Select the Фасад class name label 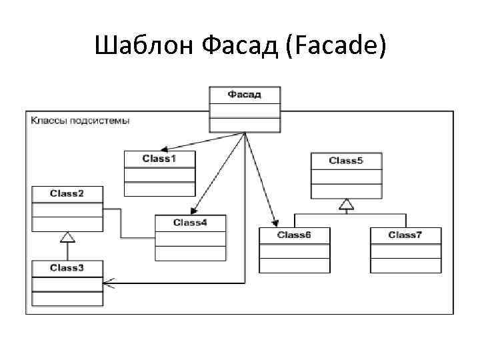click(x=245, y=94)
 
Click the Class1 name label click(x=159, y=159)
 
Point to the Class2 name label click(x=67, y=193)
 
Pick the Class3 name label click(x=67, y=268)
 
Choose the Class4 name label click(x=190, y=222)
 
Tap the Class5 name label click(x=346, y=161)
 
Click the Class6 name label click(x=294, y=235)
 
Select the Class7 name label click(x=405, y=235)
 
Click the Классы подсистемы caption click(x=80, y=121)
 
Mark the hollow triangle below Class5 click(x=346, y=204)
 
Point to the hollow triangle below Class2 click(x=67, y=236)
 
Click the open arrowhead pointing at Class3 click(x=109, y=283)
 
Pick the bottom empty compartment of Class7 click(x=405, y=265)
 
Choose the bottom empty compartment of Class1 click(x=159, y=189)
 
